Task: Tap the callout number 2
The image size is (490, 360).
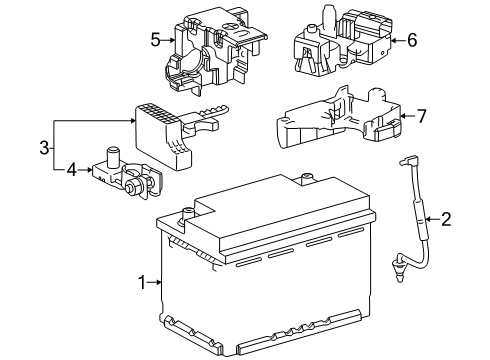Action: tap(446, 218)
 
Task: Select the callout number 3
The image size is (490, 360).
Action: tap(44, 149)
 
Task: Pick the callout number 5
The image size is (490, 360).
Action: tap(155, 40)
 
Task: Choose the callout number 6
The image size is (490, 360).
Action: tap(412, 40)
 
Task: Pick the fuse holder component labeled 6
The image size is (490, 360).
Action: tap(340, 45)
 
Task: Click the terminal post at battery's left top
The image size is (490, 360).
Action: tap(186, 213)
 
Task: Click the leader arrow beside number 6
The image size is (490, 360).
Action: tap(396, 40)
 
